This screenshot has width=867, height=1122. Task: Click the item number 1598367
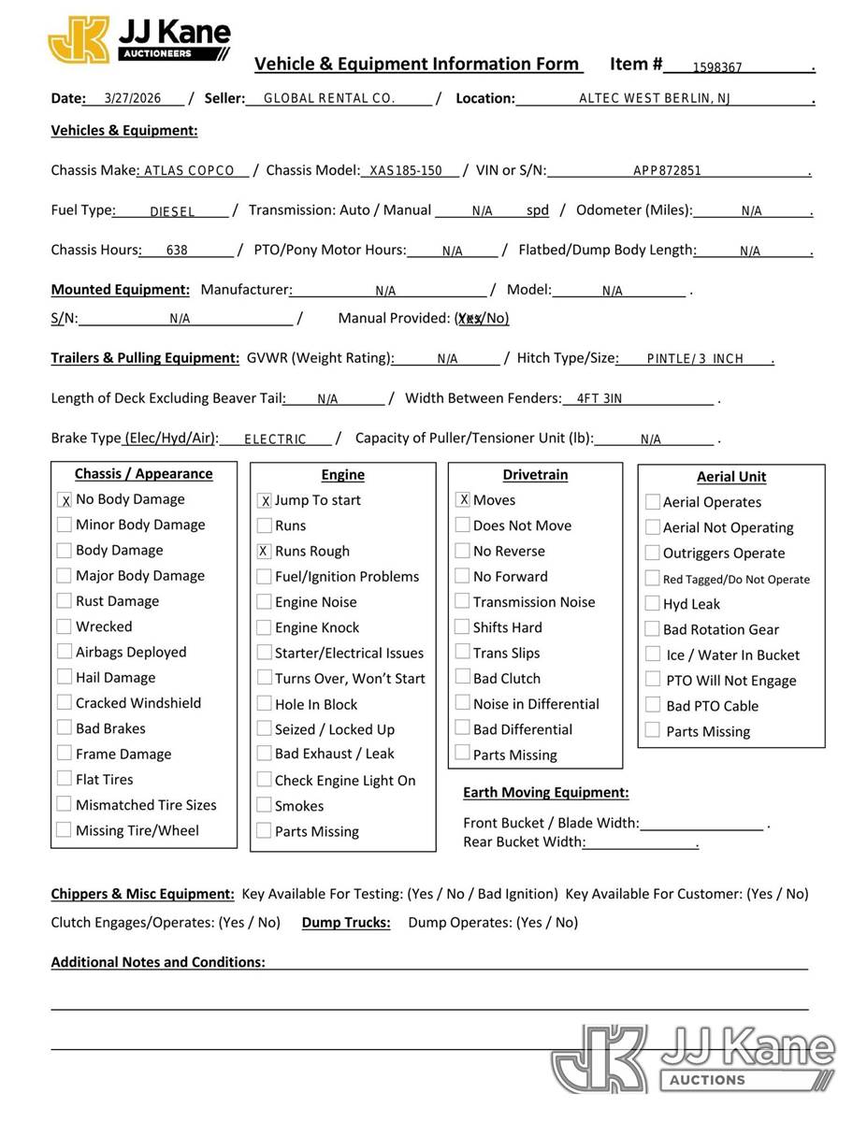click(x=717, y=67)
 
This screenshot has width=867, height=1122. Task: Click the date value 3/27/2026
click(x=133, y=98)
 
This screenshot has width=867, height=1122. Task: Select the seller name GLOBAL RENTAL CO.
click(x=329, y=98)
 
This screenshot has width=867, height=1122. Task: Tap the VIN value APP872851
click(x=667, y=171)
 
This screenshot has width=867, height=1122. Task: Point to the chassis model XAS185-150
click(x=406, y=171)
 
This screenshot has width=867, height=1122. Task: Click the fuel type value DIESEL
click(x=172, y=212)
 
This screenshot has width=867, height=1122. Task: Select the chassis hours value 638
click(x=177, y=251)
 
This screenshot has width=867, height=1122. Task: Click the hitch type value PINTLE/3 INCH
click(x=695, y=359)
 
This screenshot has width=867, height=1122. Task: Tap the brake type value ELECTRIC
click(x=275, y=439)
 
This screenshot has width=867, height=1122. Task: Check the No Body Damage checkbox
click(x=65, y=500)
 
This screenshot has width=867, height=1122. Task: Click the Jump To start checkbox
click(x=265, y=501)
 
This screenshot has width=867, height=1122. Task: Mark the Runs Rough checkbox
click(x=265, y=552)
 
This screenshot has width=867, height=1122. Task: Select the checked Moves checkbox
click(x=463, y=500)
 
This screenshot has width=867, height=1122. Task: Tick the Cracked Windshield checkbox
click(x=65, y=702)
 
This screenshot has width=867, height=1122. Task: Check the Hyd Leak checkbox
click(x=653, y=604)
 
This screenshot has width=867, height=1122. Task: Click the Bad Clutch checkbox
click(x=463, y=678)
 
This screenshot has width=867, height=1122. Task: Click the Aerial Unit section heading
click(x=730, y=477)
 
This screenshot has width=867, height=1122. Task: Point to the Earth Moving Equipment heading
click(x=545, y=793)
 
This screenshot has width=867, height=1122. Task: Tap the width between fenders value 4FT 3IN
click(x=599, y=399)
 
